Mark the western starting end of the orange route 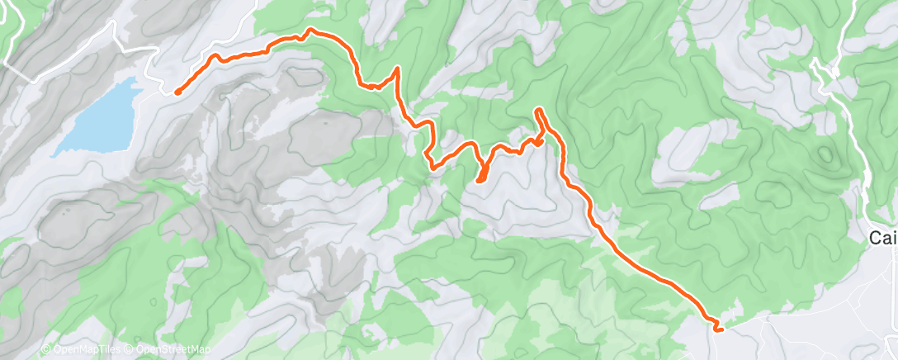pos(177,92)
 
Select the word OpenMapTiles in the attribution pos(85,350)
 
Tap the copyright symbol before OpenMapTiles pos(45,350)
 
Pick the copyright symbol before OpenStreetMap pos(130,350)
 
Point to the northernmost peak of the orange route pos(310,30)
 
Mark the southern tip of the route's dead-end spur pos(480,180)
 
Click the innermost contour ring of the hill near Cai pos(825,155)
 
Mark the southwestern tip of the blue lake pos(56,154)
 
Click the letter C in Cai pos(877,238)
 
